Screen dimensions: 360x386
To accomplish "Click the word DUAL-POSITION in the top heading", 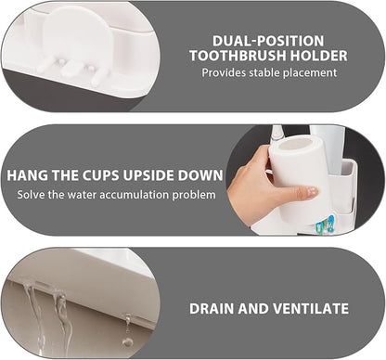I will click(x=267, y=40).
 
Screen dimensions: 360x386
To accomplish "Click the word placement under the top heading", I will click(x=310, y=73).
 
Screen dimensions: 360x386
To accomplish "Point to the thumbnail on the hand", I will click(x=311, y=191).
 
